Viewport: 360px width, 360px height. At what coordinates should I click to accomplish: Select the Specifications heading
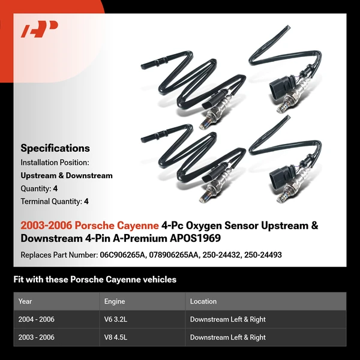coord(55,148)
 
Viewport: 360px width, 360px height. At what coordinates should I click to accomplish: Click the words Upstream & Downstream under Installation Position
coord(67,176)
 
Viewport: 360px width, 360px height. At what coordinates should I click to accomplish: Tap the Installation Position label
coord(55,163)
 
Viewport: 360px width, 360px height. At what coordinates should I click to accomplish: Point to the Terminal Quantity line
coord(55,202)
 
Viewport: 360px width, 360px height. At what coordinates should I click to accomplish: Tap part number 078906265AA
coord(178,255)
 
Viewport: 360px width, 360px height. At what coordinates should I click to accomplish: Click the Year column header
coord(25,301)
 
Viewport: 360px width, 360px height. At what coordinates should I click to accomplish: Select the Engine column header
coord(115,301)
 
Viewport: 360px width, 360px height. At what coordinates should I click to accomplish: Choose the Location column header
coord(203,301)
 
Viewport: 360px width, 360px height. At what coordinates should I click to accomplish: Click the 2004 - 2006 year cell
coord(37,319)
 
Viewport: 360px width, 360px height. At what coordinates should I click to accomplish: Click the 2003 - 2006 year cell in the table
coord(37,337)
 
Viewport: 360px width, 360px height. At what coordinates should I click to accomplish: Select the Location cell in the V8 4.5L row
coord(228,337)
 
